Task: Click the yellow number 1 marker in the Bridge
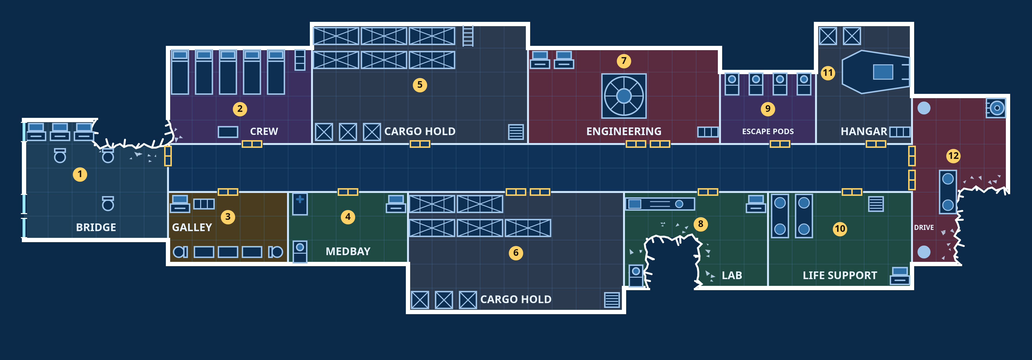click(x=80, y=174)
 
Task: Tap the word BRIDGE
click(x=96, y=228)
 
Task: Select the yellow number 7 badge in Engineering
click(x=624, y=61)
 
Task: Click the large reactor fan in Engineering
click(x=624, y=96)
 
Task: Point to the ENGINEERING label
click(x=624, y=131)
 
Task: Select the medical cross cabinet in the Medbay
click(x=300, y=204)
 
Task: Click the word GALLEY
click(x=192, y=228)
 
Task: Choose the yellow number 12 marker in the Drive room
click(x=954, y=156)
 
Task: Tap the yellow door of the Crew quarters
click(x=252, y=144)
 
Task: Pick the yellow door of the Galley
click(x=228, y=192)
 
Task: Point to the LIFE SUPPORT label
click(x=840, y=276)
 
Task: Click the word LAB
click(x=732, y=276)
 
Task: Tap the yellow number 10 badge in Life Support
click(x=840, y=229)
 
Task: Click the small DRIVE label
click(x=924, y=228)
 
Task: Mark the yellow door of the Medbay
click(x=348, y=192)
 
